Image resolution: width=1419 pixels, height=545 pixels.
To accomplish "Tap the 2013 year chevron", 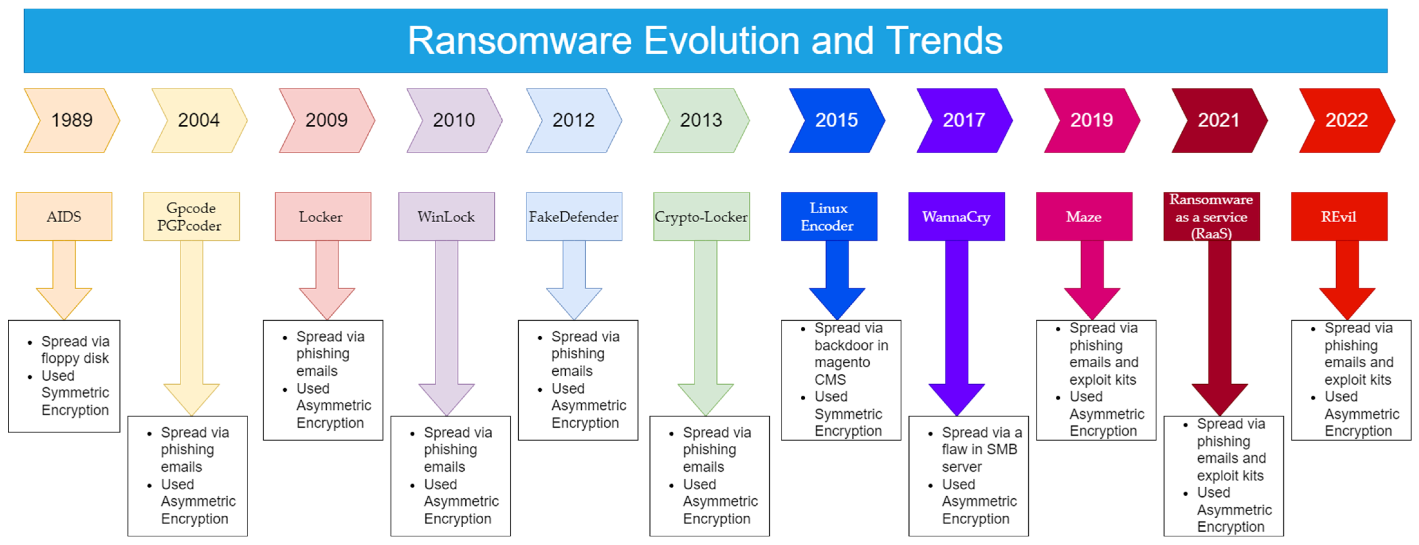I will coord(701,120).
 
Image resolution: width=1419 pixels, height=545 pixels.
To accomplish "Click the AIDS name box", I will coord(64,216).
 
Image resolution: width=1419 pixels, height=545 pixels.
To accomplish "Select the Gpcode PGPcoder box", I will coord(191,216).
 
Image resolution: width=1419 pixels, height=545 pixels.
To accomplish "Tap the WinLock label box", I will coord(446,216).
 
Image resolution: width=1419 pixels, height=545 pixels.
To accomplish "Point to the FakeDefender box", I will coord(573,216).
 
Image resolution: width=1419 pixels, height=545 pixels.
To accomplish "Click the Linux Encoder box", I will coord(828,216).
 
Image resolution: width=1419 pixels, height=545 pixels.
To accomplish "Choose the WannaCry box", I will coord(956,216).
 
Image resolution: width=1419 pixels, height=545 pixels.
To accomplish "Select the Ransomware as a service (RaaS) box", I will coord(1211,216).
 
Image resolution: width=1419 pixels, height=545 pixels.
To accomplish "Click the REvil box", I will coord(1339,216).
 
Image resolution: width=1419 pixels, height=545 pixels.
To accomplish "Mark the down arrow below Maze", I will coord(1092,281).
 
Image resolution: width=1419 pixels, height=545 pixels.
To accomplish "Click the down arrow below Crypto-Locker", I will coord(705,330).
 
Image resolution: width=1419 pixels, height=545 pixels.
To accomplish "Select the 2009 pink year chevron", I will coord(326,120).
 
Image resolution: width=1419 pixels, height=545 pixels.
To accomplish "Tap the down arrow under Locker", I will coord(326,281).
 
